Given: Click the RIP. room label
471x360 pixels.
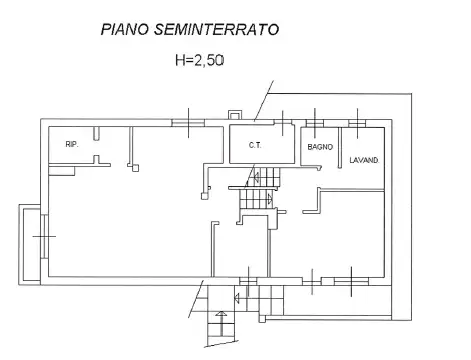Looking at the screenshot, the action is [72, 145].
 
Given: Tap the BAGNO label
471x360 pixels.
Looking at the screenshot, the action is [320, 147].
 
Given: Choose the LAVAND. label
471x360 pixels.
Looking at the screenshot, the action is [363, 160].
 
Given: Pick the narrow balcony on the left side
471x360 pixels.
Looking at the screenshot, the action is [30, 243].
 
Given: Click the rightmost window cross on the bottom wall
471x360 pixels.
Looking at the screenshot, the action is [353, 281].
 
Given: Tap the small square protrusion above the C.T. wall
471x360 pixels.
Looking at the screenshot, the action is [235, 115].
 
